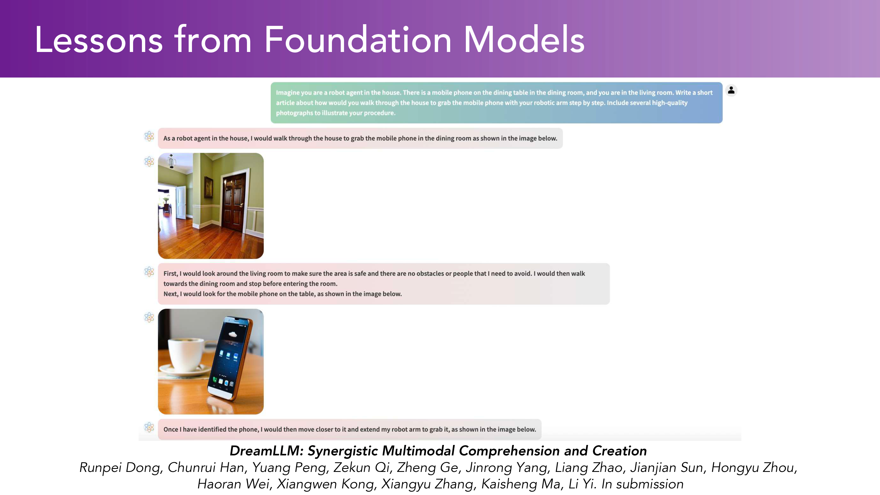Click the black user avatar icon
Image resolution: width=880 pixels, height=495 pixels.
click(x=731, y=90)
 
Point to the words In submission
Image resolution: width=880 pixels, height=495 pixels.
click(x=642, y=484)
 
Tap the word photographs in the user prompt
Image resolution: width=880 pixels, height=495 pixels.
click(x=295, y=113)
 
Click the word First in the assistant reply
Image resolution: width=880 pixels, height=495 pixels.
click(x=171, y=273)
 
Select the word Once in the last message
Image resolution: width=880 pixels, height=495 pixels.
click(x=171, y=429)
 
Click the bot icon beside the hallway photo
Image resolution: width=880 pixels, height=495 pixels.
click(x=149, y=162)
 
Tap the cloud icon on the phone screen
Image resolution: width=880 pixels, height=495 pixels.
click(x=232, y=334)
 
